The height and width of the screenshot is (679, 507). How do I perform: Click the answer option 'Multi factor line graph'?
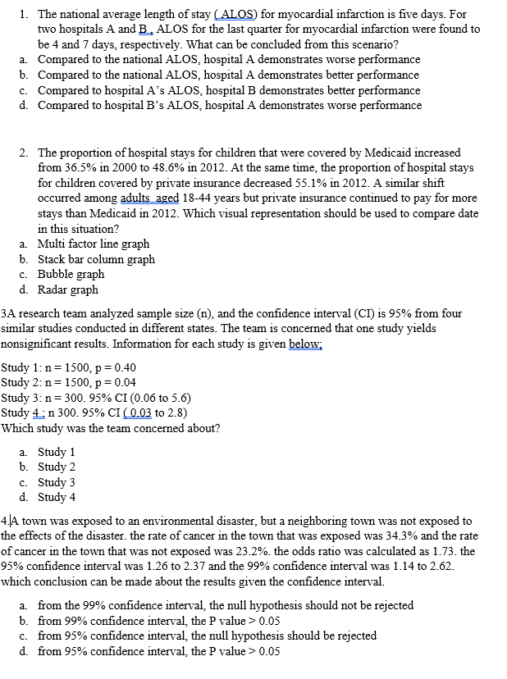click(94, 244)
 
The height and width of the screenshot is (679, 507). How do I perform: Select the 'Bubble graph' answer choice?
click(71, 275)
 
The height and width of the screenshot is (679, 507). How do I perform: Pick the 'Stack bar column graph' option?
click(96, 259)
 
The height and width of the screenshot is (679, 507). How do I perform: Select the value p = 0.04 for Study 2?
click(110, 382)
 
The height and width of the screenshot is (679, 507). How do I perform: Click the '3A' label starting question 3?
click(7, 312)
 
